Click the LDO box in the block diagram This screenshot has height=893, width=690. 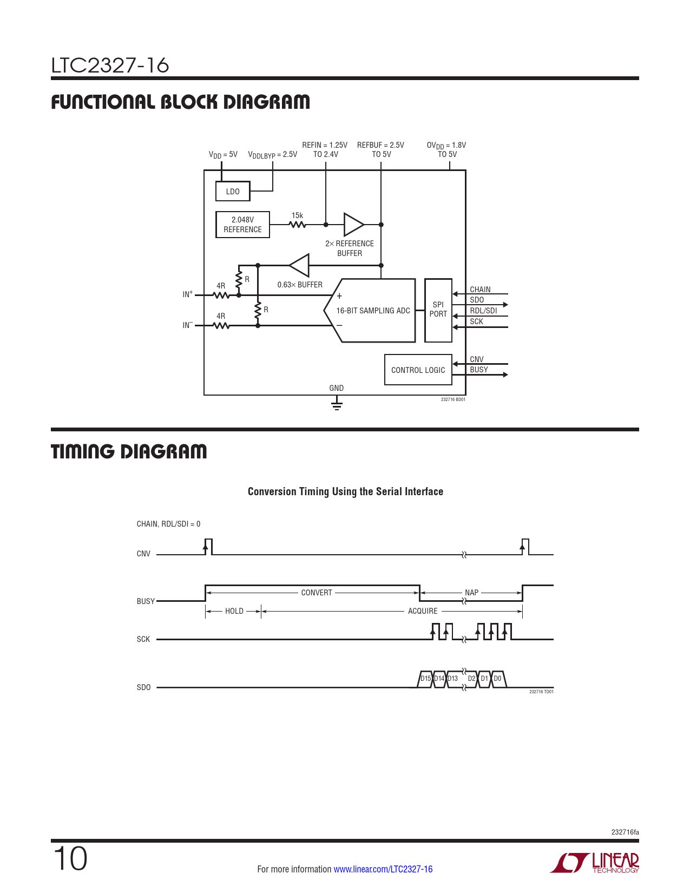click(x=233, y=192)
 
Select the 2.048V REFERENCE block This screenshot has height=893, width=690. click(x=242, y=225)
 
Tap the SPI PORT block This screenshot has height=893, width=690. click(x=438, y=310)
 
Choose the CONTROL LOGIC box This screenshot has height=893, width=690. click(x=418, y=370)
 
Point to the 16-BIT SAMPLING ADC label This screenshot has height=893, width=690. click(x=373, y=311)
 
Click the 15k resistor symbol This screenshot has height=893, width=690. click(x=297, y=224)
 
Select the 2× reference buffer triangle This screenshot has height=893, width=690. click(x=353, y=224)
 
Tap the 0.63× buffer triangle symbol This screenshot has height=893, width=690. click(x=300, y=265)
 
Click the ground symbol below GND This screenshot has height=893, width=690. click(x=337, y=405)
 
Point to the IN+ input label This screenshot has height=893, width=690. click(x=187, y=294)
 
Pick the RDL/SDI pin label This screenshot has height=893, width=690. click(x=483, y=311)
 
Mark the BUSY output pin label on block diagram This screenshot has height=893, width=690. click(x=479, y=370)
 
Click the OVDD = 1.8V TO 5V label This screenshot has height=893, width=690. click(x=446, y=149)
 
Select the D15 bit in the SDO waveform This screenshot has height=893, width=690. click(x=425, y=679)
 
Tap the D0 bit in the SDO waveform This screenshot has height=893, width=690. click(x=497, y=679)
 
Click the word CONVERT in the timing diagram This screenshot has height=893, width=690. click(x=317, y=593)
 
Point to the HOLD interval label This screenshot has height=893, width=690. click(x=234, y=611)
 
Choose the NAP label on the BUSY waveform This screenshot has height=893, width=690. click(x=471, y=593)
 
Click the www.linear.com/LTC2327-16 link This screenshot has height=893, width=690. click(x=383, y=869)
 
